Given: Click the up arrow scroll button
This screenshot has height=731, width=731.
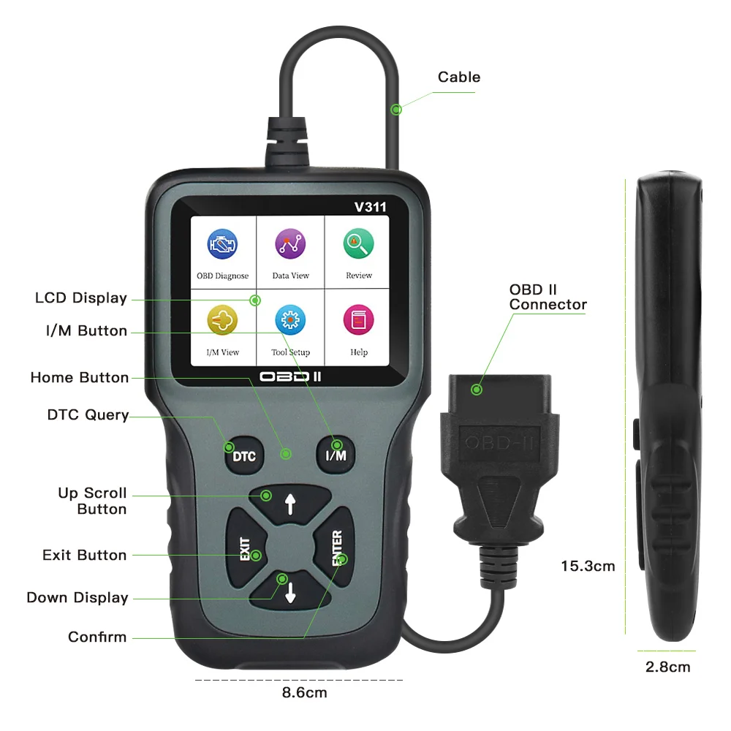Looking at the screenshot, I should [290, 504].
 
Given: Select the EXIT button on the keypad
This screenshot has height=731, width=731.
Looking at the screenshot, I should [246, 548].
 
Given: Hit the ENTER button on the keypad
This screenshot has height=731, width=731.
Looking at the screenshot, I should [336, 548].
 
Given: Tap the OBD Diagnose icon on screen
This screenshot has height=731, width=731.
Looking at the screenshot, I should [222, 245].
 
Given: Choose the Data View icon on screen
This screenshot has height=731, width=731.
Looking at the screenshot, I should [290, 245].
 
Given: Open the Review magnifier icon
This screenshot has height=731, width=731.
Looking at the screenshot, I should [358, 244].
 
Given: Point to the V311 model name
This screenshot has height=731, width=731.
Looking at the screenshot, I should [370, 207].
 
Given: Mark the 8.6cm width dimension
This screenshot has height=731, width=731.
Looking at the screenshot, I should [305, 692].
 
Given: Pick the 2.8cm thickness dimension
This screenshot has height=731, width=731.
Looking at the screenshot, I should [667, 667].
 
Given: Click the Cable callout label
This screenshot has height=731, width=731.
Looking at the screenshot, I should [459, 77].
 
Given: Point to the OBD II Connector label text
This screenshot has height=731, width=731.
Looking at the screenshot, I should [548, 298].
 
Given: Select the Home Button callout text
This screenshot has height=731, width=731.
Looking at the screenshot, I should [80, 377].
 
